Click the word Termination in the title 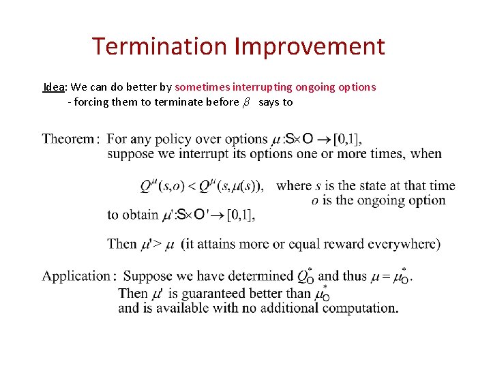pos(160,46)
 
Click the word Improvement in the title pos(310,46)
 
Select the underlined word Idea pos(53,87)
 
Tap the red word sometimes pos(203,87)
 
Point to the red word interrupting pos(259,87)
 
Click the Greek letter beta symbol pos(247,103)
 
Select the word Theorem pos(68,139)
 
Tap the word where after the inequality pos(294,185)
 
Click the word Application pos(76,277)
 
